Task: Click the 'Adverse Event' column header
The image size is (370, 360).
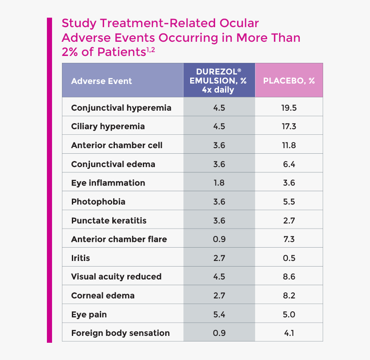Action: (102, 81)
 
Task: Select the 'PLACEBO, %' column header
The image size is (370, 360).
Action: (289, 81)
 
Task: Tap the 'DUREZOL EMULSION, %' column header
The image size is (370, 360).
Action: (219, 81)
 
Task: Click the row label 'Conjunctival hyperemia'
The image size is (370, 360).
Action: (121, 108)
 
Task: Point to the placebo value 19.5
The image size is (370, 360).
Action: (289, 108)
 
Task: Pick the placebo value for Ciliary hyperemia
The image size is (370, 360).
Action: (289, 127)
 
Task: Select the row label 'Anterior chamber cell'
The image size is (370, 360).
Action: (117, 145)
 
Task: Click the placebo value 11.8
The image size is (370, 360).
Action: (289, 145)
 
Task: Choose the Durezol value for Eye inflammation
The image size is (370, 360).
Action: (219, 183)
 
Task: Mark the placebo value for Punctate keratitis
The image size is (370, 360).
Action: (289, 220)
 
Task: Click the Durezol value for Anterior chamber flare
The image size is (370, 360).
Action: (219, 239)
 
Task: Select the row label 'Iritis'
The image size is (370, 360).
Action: (80, 258)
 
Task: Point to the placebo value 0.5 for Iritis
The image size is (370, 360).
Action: (289, 258)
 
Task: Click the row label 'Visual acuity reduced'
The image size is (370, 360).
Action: (116, 276)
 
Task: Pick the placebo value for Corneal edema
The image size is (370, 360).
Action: (289, 295)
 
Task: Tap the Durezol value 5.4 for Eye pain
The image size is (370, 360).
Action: (219, 314)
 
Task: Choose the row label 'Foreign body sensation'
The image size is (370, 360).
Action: (120, 333)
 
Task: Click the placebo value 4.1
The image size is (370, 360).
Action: (289, 333)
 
